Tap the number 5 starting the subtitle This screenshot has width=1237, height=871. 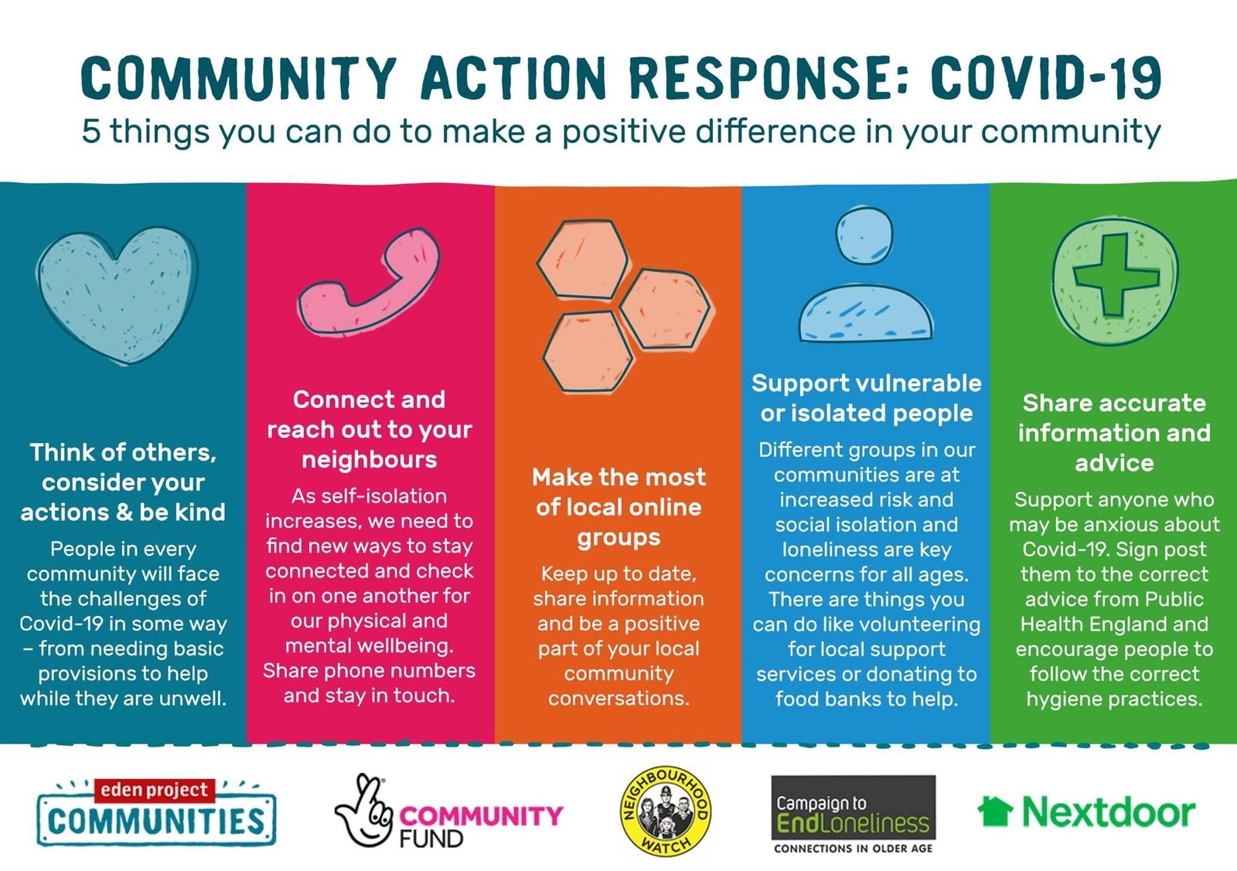click(x=91, y=131)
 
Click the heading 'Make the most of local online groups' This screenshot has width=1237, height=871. click(x=618, y=507)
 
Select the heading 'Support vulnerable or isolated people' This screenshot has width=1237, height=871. click(x=866, y=398)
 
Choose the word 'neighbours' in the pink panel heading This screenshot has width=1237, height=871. click(x=370, y=460)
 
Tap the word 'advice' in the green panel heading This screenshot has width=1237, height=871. click(x=1114, y=463)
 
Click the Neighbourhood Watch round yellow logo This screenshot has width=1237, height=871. click(x=666, y=812)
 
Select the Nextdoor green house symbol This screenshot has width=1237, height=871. click(x=995, y=811)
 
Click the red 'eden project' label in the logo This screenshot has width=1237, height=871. click(x=155, y=790)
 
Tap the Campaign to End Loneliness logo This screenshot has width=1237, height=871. click(x=854, y=814)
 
